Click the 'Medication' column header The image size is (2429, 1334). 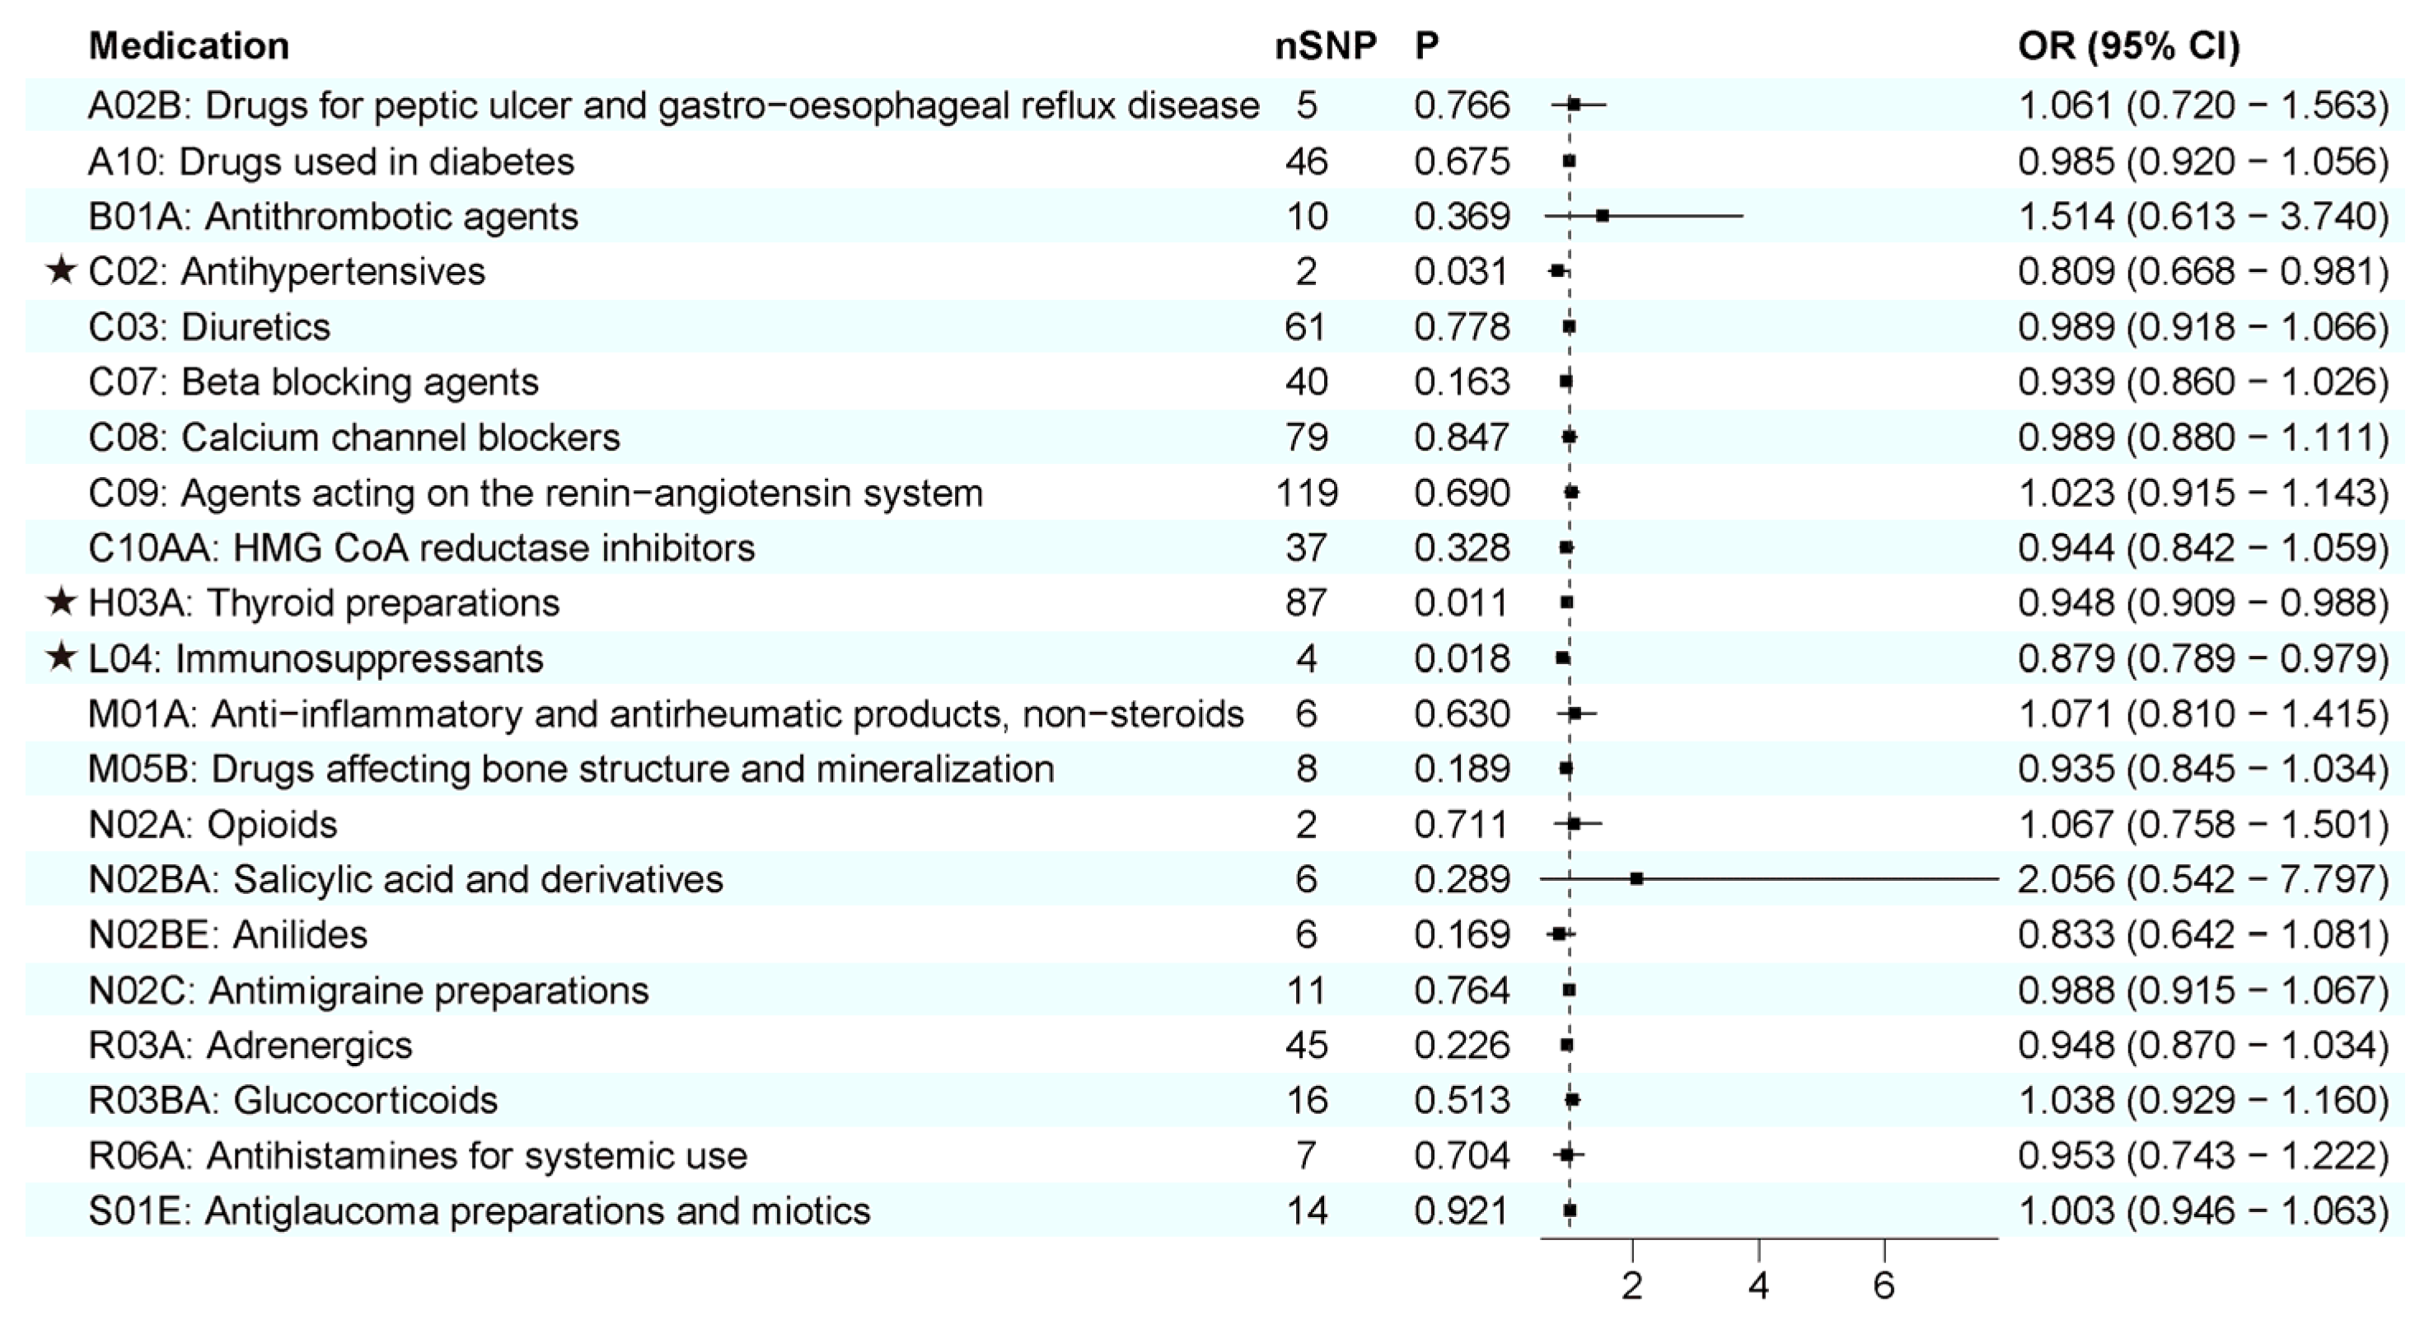coord(189,46)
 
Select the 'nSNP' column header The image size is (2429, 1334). coord(1325,46)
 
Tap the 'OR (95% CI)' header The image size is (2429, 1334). coord(2128,46)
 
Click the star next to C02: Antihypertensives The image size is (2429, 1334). coord(61,272)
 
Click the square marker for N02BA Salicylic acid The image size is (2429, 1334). coord(1637,878)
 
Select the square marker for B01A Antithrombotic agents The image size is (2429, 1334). coord(1602,216)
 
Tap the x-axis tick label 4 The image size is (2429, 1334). coord(1758,1286)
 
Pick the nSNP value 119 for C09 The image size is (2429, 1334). coord(1306,493)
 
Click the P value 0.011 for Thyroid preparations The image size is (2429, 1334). coord(1462,603)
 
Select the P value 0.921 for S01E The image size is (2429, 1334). coord(1462,1211)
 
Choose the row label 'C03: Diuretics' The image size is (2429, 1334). coord(209,327)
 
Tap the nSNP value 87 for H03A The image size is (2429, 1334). coord(1306,603)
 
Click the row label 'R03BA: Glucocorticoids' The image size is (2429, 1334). coord(293,1100)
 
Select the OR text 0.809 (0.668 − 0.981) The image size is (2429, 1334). coord(2202,272)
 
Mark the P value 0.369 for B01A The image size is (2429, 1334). coord(1462,217)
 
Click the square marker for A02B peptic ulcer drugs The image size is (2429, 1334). coord(1574,105)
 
